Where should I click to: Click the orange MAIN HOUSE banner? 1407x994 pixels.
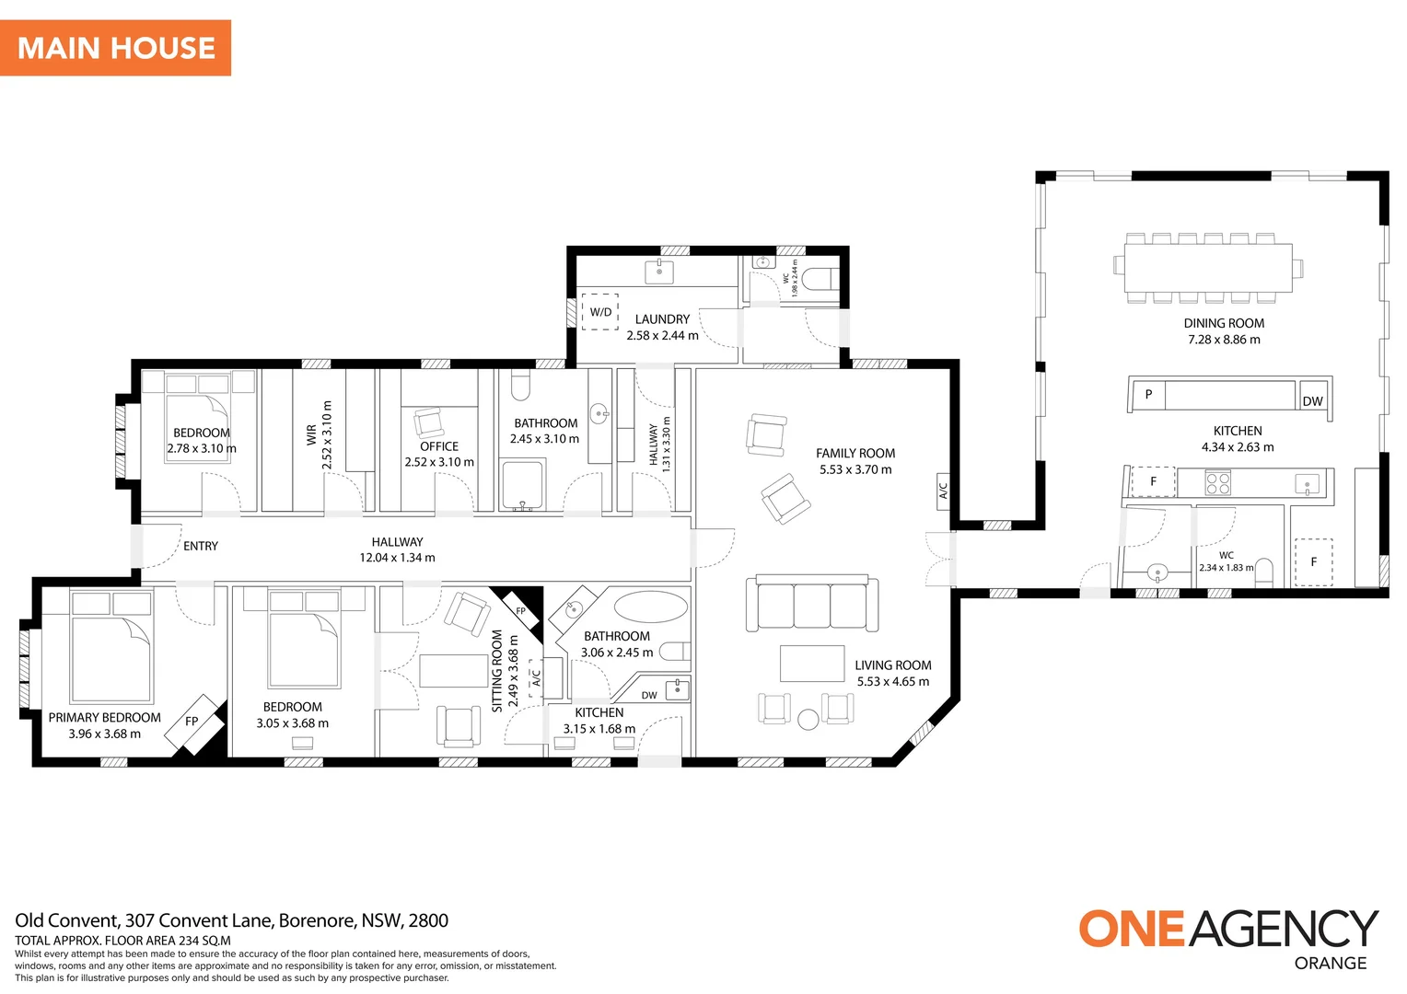pyautogui.click(x=116, y=48)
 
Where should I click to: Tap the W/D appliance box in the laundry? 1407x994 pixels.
pyautogui.click(x=599, y=312)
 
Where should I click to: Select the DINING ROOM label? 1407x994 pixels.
pyautogui.click(x=1224, y=323)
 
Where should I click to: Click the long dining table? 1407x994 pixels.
pyautogui.click(x=1208, y=268)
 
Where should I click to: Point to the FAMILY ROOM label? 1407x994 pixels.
pyautogui.click(x=855, y=454)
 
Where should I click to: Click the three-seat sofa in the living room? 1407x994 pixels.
pyautogui.click(x=812, y=603)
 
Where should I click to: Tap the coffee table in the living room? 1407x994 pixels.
pyautogui.click(x=812, y=663)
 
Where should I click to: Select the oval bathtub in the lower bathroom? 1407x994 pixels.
pyautogui.click(x=651, y=607)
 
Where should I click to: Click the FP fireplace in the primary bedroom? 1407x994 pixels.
pyautogui.click(x=195, y=724)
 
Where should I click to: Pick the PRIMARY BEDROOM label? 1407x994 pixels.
pyautogui.click(x=104, y=718)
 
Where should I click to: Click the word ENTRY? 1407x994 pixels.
pyautogui.click(x=201, y=547)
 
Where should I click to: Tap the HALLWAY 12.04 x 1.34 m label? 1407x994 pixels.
pyautogui.click(x=397, y=549)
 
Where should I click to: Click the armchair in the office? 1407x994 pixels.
pyautogui.click(x=428, y=422)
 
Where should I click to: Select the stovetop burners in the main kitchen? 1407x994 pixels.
pyautogui.click(x=1218, y=483)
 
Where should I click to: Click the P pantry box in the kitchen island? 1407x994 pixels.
pyautogui.click(x=1148, y=395)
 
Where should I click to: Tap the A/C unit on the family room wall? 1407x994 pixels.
pyautogui.click(x=943, y=491)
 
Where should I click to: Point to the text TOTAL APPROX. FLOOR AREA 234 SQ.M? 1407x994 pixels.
pyautogui.click(x=122, y=941)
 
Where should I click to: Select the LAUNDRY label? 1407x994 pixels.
pyautogui.click(x=662, y=319)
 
